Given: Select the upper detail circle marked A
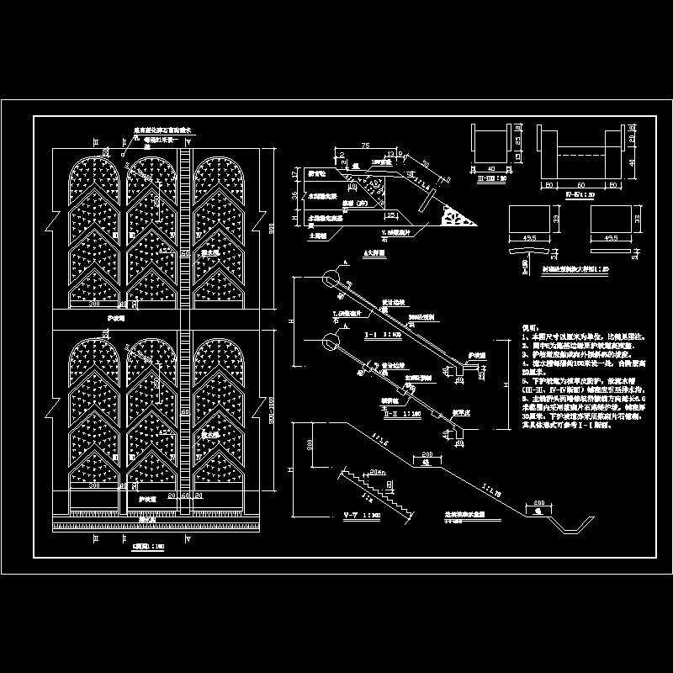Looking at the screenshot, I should tap(329, 278).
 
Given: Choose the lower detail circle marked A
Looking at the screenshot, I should tap(329, 341).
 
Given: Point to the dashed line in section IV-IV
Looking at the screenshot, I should tap(579, 155).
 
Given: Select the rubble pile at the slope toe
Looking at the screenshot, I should tap(458, 217).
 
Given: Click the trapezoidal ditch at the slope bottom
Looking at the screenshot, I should tap(575, 527).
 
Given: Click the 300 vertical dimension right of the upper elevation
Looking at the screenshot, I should tap(273, 229).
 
